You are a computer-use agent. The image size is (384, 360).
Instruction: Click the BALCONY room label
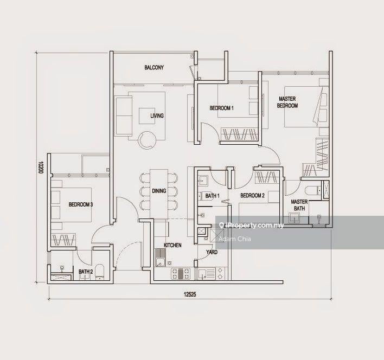click(x=154, y=68)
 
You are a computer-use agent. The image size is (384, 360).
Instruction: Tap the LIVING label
click(x=157, y=116)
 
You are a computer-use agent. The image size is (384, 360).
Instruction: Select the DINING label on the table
click(x=159, y=191)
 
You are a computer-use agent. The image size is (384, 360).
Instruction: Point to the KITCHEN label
click(x=172, y=245)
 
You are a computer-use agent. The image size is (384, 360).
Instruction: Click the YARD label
click(x=212, y=252)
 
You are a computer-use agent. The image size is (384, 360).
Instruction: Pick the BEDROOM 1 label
click(x=222, y=108)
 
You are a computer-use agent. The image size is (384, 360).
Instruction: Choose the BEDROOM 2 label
click(x=253, y=196)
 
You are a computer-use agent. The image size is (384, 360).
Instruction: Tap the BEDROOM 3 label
click(x=81, y=204)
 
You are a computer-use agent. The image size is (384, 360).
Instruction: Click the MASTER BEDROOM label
click(x=287, y=102)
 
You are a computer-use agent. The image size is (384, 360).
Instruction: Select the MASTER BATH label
click(x=299, y=205)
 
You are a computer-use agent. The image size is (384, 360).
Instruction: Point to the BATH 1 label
click(x=212, y=196)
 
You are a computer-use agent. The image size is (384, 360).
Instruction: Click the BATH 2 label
click(x=86, y=272)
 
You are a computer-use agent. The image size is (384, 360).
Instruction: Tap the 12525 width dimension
click(x=190, y=294)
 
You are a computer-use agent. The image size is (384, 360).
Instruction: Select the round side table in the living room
click(x=147, y=140)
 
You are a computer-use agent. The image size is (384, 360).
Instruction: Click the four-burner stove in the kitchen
click(x=181, y=274)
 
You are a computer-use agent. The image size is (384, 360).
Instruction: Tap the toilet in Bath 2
click(x=100, y=272)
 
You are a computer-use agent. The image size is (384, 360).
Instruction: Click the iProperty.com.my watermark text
click(x=252, y=226)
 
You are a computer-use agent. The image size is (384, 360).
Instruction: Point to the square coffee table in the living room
click(x=147, y=116)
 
